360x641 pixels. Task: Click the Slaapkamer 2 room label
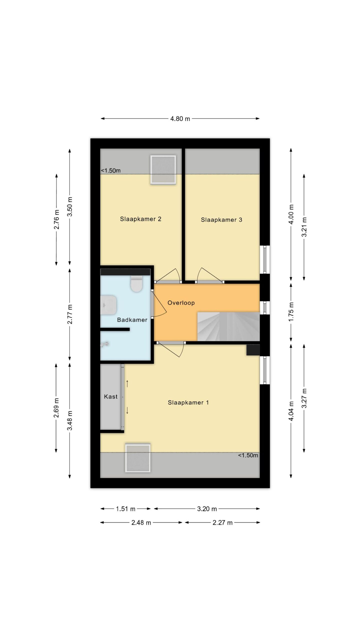coord(140,219)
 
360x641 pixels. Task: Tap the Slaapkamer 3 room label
coord(221,220)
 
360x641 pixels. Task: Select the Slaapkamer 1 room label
coord(188,403)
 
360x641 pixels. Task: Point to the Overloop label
coord(181,303)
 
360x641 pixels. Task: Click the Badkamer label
coord(132,320)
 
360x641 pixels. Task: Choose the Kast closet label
coord(111,397)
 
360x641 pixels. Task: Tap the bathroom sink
coord(108,305)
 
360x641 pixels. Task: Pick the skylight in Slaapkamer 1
coord(138,458)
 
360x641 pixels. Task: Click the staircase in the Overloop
coord(228,327)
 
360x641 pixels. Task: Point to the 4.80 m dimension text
coord(180,119)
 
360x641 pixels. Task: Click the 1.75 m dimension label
coord(291,312)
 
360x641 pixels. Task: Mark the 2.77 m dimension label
coord(70,314)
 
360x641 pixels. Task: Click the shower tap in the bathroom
coord(105,345)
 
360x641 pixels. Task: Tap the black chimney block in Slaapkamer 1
coord(253,350)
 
